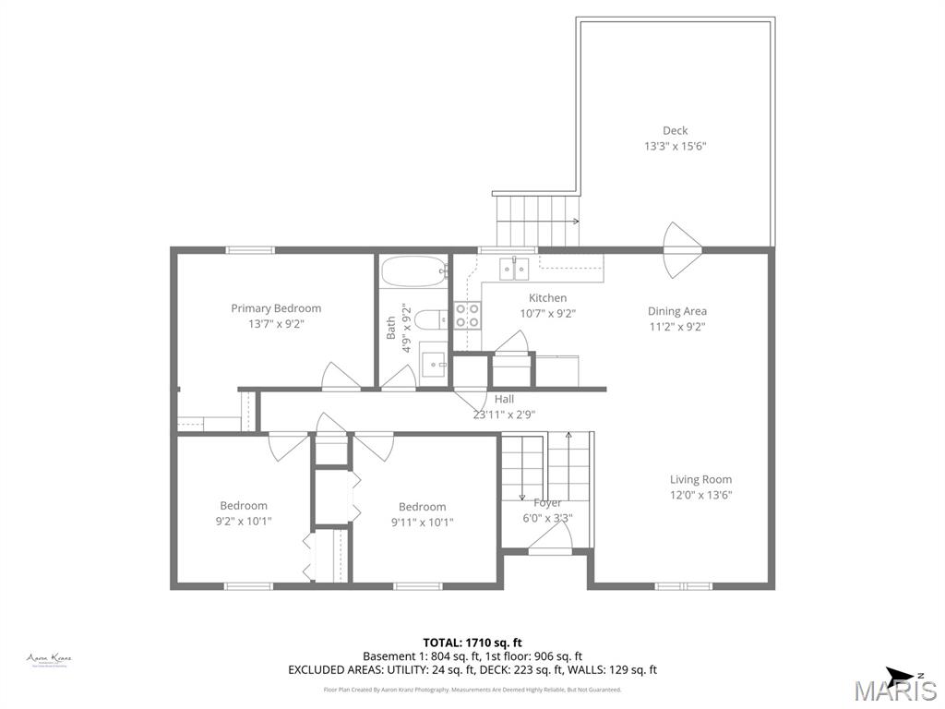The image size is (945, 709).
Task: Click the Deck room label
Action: coord(675,130)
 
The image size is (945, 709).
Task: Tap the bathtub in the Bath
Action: coord(413,272)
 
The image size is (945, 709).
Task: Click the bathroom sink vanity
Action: coord(434,364)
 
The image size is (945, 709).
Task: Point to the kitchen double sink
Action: coord(514,268)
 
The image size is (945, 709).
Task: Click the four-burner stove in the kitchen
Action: coord(467,316)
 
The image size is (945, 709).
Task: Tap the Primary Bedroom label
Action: coord(276,308)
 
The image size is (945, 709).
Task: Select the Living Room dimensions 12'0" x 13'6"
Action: coord(700,495)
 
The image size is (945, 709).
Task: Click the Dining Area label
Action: coord(676,311)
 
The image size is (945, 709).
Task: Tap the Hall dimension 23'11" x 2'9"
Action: coord(504,415)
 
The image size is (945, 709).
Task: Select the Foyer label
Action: coord(547,503)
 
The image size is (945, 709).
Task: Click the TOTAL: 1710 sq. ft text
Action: coord(472,642)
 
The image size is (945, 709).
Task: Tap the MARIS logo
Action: coord(894,690)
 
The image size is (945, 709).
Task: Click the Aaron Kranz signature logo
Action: coord(49,659)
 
